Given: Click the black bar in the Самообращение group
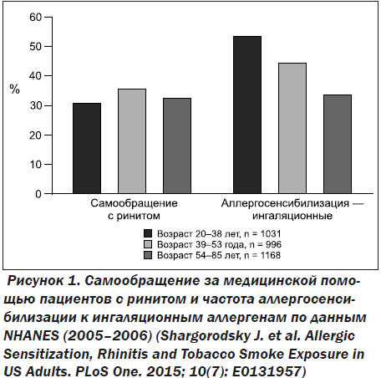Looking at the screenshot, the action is (87, 148).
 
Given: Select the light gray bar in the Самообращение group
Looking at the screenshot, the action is (132, 141).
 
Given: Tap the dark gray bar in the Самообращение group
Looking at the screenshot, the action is (177, 146).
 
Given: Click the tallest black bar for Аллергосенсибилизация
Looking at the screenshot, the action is (247, 115).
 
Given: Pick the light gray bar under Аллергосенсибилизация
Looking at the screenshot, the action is (292, 128).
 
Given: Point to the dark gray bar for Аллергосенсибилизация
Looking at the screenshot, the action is (338, 144).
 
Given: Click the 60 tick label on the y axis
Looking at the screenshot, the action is (35, 18).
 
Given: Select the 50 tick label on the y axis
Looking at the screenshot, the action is (35, 46).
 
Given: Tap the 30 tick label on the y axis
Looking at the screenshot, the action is (35, 105).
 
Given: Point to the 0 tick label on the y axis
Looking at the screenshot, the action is (38, 194).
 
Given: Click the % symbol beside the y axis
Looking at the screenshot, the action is (15, 89).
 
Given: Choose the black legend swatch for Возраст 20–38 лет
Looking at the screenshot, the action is (148, 233).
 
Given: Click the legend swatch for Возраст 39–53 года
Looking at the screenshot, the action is (148, 244).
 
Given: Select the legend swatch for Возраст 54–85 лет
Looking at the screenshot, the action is (148, 255).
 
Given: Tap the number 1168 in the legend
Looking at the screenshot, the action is (271, 255).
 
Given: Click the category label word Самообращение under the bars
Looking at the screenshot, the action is (134, 203).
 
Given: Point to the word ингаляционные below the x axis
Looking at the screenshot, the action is (292, 216).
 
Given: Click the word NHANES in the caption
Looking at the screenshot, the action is (31, 336).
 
